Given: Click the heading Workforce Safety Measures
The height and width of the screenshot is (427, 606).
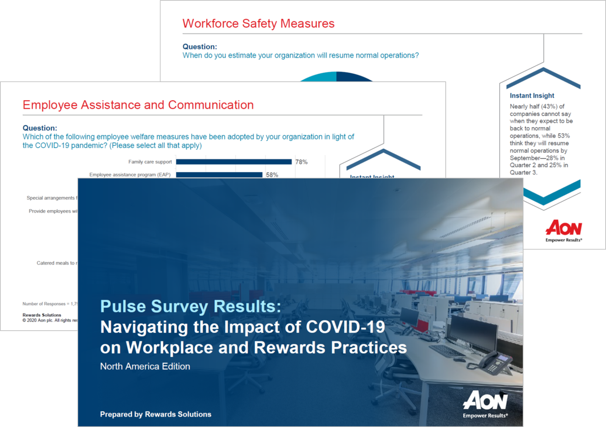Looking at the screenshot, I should point(258,23).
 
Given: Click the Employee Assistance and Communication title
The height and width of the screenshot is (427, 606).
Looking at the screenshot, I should point(138,105).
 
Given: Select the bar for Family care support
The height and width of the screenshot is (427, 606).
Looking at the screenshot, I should point(234,162).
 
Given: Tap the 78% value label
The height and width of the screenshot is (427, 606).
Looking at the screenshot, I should point(301,162).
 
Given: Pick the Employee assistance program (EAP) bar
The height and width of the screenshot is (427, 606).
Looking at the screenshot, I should point(219,175).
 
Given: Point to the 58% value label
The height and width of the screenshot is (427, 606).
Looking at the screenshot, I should point(272,175).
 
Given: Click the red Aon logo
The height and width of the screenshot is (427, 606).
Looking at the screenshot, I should point(564,228).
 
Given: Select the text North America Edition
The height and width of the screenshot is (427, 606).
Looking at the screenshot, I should point(145,366).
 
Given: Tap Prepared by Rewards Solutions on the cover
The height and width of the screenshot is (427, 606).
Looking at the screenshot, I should point(156,414).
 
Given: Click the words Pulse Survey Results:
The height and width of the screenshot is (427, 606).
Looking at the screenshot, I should point(191,306).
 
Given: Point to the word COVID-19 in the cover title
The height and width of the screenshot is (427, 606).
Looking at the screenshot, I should point(345,327).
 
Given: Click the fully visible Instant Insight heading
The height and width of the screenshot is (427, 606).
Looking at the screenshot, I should point(532,96).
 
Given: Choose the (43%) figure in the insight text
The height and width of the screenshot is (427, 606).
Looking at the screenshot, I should point(549,106).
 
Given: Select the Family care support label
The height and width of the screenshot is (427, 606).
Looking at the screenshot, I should point(150,162).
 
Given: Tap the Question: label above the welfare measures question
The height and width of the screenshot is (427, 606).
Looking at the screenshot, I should point(40,128).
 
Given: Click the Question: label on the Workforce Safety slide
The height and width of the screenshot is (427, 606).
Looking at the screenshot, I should point(200,47).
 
